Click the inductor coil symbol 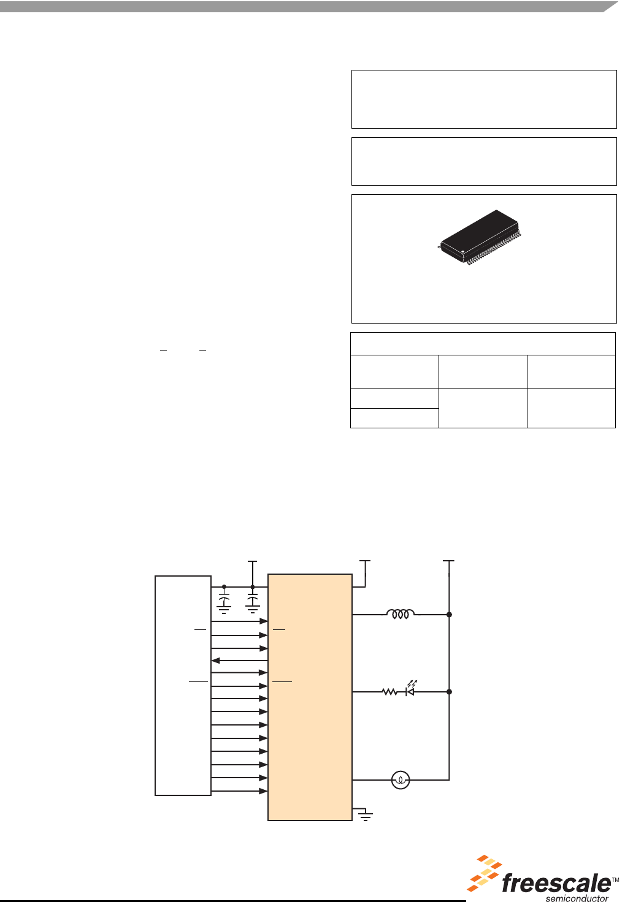click(400, 613)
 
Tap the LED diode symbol click(410, 692)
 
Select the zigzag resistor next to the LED click(389, 692)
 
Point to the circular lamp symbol click(401, 780)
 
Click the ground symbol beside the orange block click(366, 816)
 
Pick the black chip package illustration click(480, 237)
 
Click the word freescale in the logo click(556, 884)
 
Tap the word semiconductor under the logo click(577, 898)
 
